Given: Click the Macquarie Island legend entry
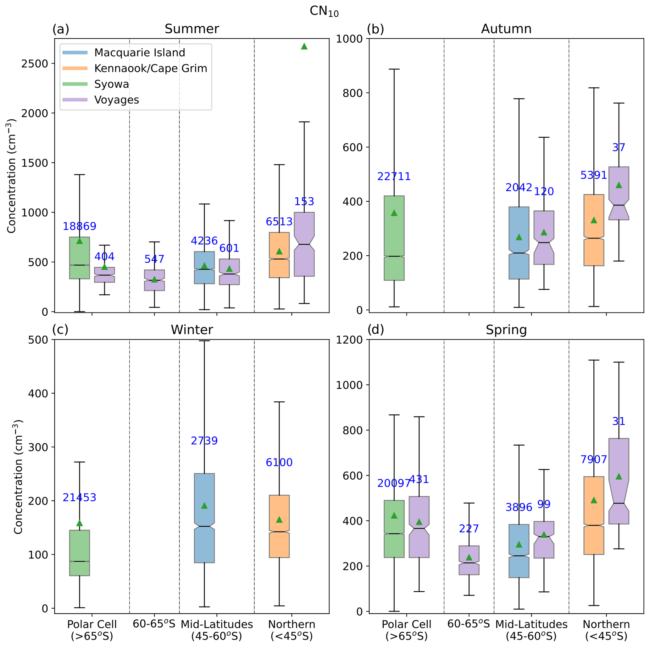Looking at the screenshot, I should click(139, 52).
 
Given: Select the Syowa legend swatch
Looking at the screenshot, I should click(75, 84).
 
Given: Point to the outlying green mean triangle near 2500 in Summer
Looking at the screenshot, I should click(304, 46).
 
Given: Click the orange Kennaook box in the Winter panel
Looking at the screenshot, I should click(279, 526).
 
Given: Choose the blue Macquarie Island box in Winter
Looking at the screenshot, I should click(204, 518).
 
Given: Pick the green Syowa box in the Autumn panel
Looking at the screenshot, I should click(394, 238).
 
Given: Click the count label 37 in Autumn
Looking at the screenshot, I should click(618, 148).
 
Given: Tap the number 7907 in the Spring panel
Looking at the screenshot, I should click(593, 459).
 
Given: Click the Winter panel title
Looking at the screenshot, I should click(192, 330).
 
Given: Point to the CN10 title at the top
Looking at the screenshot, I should click(324, 11).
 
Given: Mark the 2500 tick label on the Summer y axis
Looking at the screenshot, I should click(35, 63).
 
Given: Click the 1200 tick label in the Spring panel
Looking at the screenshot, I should click(349, 340).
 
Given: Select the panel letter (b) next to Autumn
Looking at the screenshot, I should click(375, 29).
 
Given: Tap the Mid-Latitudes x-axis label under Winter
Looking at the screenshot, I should click(217, 630).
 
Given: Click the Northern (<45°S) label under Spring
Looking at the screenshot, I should click(606, 630).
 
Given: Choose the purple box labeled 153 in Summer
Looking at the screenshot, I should click(304, 244).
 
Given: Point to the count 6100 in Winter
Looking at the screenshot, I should click(279, 462).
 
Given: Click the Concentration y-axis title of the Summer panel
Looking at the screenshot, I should click(11, 176).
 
